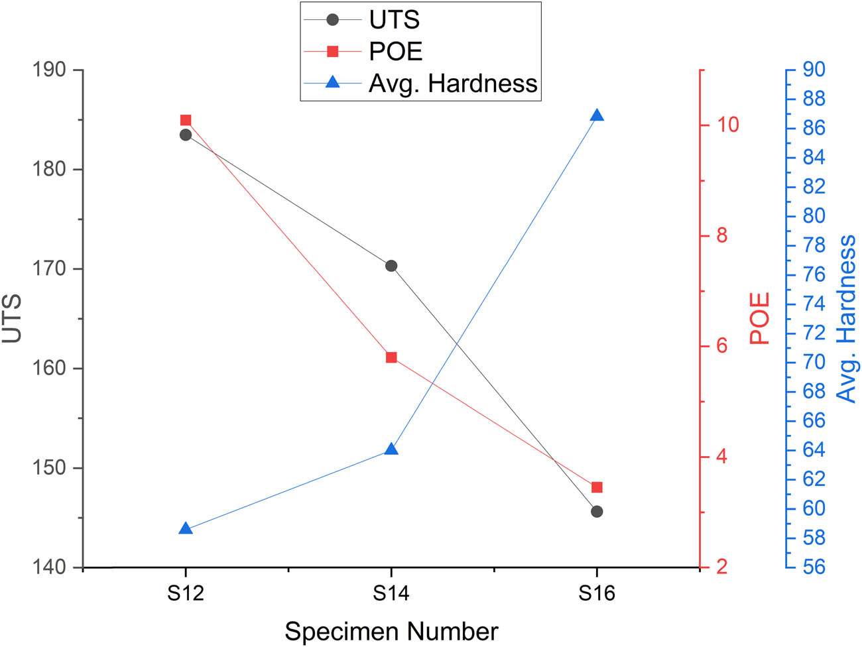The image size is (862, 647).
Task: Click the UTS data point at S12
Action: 186,135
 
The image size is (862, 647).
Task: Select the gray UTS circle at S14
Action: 391,266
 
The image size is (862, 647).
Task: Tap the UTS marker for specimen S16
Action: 597,511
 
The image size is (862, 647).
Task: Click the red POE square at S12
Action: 186,120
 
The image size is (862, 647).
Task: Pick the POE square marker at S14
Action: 391,357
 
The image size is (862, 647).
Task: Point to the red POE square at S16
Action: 597,487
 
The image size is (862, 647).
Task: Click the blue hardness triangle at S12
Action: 186,529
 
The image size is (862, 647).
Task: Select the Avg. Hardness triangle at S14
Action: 391,449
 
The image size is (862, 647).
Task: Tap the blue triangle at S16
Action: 597,116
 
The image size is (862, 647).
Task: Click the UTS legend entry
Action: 394,20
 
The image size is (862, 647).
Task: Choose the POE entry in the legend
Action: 395,52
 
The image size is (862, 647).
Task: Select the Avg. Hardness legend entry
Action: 452,84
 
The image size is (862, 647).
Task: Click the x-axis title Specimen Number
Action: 391,631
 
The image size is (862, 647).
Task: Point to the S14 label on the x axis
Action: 391,592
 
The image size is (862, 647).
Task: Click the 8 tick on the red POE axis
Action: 721,235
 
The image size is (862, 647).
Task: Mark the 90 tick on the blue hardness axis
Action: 814,70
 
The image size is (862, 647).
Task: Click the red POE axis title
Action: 760,318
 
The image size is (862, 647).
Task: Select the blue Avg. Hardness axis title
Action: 847,318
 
